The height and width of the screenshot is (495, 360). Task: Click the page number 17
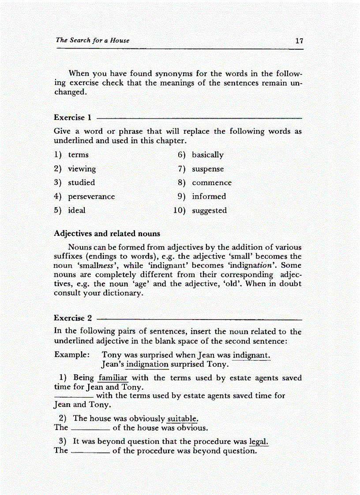pos(299,41)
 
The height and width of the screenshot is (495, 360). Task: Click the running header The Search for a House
pos(93,40)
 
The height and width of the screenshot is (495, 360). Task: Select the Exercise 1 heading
pos(72,118)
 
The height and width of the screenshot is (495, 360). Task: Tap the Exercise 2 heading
pos(73,318)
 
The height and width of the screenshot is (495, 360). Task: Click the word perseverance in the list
pos(91,197)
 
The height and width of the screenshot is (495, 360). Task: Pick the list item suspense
pos(207,169)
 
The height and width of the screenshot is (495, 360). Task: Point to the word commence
pos(211,183)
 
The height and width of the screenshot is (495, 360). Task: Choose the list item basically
pos(207,155)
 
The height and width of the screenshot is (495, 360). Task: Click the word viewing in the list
pos(82,169)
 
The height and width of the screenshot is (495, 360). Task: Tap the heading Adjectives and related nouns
pos(107,234)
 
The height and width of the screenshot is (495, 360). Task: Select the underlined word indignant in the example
pos(251,355)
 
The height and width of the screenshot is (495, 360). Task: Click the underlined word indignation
pos(147,365)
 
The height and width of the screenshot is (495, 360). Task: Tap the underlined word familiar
pos(113,378)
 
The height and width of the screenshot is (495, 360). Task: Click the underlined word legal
pos(259,442)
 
